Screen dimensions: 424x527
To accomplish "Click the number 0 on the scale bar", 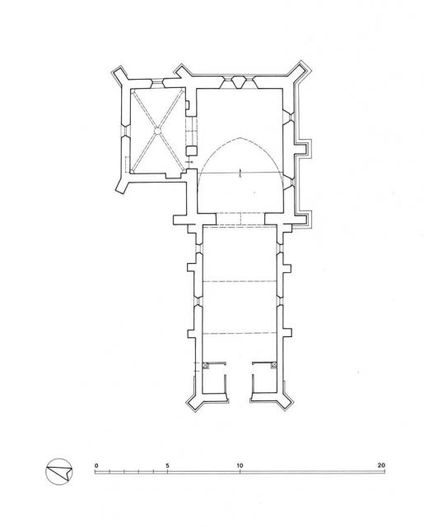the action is point(96,465).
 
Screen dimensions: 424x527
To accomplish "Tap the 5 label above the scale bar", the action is point(167,465).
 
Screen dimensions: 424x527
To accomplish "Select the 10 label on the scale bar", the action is point(240,465).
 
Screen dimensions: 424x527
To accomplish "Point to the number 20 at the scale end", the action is point(381,465).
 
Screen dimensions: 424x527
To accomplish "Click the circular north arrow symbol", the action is point(59,472).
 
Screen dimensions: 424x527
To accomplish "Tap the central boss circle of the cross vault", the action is point(157,130).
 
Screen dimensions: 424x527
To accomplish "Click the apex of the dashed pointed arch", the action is point(240,137).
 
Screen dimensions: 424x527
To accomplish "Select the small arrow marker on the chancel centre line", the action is point(240,173).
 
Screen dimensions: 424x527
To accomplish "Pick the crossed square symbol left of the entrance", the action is point(207,365).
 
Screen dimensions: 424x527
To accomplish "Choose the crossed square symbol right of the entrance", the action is point(274,365).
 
